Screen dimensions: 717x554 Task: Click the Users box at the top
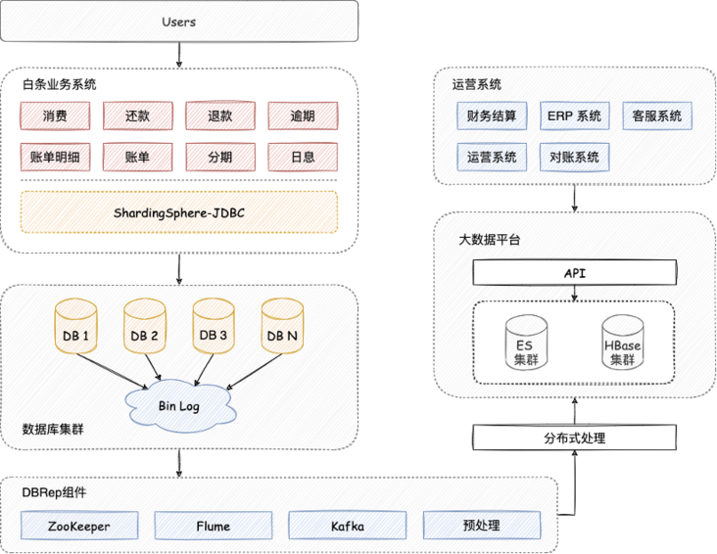(179, 22)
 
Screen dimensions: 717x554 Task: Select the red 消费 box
(55, 115)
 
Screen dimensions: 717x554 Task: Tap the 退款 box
(220, 115)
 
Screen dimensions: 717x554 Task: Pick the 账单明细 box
(55, 157)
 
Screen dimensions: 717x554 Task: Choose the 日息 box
(303, 157)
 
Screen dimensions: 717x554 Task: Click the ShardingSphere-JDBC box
(179, 212)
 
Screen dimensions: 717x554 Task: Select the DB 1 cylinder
(75, 326)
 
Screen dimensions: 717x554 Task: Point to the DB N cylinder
(282, 326)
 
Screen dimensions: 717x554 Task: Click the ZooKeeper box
(79, 526)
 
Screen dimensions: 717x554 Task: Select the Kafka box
(348, 526)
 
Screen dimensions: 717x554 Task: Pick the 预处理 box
(482, 526)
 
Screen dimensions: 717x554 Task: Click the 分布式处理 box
(574, 438)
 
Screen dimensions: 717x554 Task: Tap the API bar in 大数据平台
(574, 273)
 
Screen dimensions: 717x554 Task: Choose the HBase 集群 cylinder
(622, 343)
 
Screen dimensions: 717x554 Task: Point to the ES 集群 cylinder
(526, 343)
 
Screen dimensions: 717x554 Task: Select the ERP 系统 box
(574, 115)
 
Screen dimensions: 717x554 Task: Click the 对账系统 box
(574, 157)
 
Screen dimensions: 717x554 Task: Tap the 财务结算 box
(492, 115)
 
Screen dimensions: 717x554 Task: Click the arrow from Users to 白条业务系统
(179, 55)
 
